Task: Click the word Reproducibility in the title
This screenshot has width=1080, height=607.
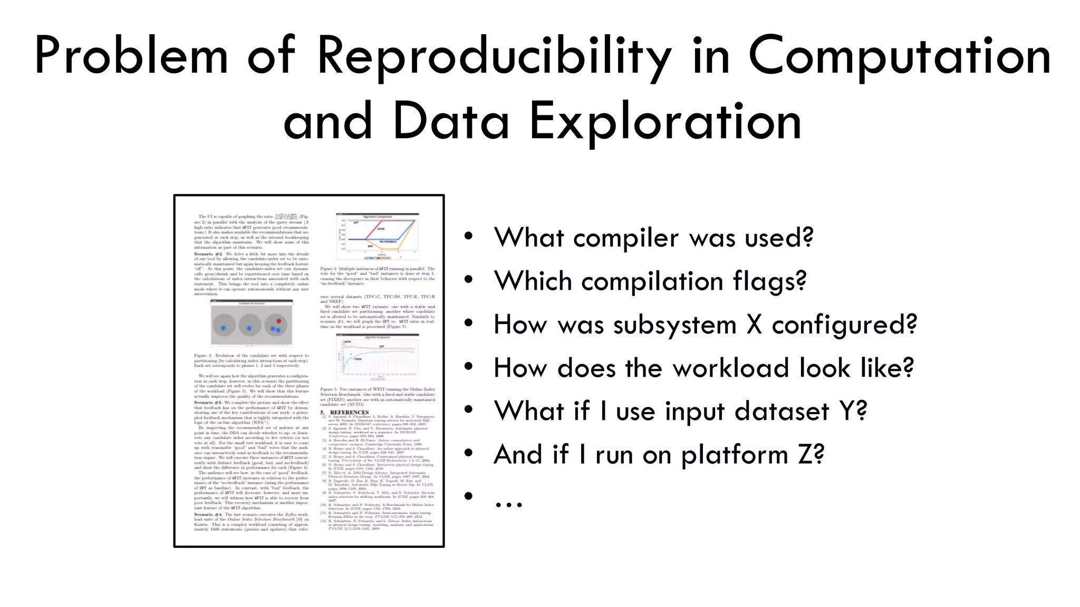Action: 494,57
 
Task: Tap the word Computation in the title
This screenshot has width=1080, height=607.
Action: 900,57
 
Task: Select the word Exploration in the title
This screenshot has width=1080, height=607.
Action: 666,122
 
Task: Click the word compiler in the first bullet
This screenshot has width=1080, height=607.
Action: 626,238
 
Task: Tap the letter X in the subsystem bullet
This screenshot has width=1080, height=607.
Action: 754,325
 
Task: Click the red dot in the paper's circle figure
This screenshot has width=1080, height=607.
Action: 279,321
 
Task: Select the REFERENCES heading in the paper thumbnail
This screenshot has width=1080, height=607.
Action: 349,413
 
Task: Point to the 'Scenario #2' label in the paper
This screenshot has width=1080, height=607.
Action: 208,254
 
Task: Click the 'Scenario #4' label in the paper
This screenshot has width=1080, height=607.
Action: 208,514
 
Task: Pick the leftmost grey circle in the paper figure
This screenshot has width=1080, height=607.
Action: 224,326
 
